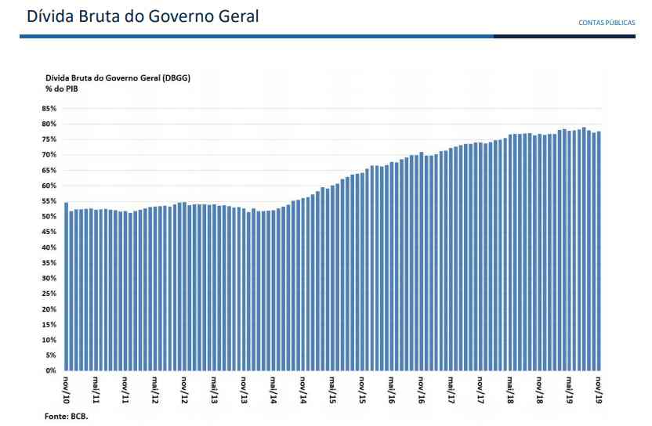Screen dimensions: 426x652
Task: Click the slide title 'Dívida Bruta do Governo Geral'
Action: point(143,16)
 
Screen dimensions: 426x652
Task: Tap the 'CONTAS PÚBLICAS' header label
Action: point(607,23)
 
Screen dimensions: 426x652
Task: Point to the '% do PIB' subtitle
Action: point(61,90)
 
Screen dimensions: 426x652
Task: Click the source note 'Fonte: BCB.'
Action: point(67,417)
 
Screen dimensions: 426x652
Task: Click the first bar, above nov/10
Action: point(67,286)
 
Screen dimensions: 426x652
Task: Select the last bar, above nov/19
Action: point(599,251)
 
